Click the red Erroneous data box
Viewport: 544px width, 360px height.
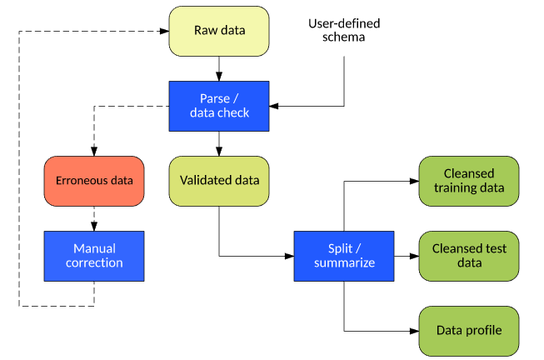pos(93,180)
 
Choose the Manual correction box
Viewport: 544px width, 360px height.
pos(93,255)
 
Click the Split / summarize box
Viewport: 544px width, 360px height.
pos(343,255)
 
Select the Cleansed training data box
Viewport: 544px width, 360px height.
pos(468,180)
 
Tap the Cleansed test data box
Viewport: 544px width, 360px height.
pos(468,255)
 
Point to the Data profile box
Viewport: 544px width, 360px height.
pos(468,330)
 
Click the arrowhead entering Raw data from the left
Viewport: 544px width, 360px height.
pos(163,32)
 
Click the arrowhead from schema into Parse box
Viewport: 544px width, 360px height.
pos(274,106)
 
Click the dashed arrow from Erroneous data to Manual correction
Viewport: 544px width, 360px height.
pos(93,218)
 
